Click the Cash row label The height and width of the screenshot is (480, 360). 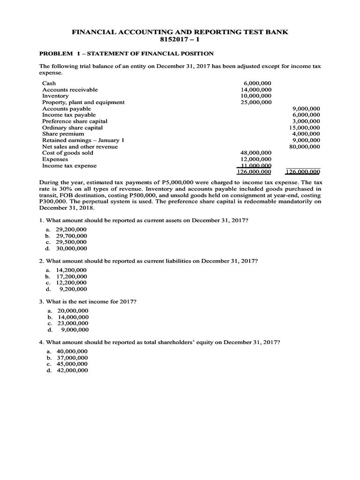[49, 83]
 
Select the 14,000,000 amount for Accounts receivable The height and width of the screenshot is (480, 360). [256, 90]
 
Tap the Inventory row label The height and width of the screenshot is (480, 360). [55, 96]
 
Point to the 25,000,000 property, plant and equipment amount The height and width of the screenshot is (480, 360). [256, 102]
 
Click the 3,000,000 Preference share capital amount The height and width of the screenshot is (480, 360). [306, 121]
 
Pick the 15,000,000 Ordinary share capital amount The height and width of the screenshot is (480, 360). [305, 127]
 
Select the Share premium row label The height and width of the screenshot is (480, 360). [63, 134]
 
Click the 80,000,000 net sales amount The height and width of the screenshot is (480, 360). [305, 146]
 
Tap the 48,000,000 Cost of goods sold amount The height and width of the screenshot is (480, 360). [256, 153]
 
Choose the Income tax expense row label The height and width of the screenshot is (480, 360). [69, 165]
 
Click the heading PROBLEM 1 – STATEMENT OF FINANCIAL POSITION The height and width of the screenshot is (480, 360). [126, 54]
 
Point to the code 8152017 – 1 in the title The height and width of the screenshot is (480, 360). [180, 39]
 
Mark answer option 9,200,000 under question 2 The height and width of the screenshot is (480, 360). [73, 289]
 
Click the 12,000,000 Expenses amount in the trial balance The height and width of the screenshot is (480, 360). [256, 159]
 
